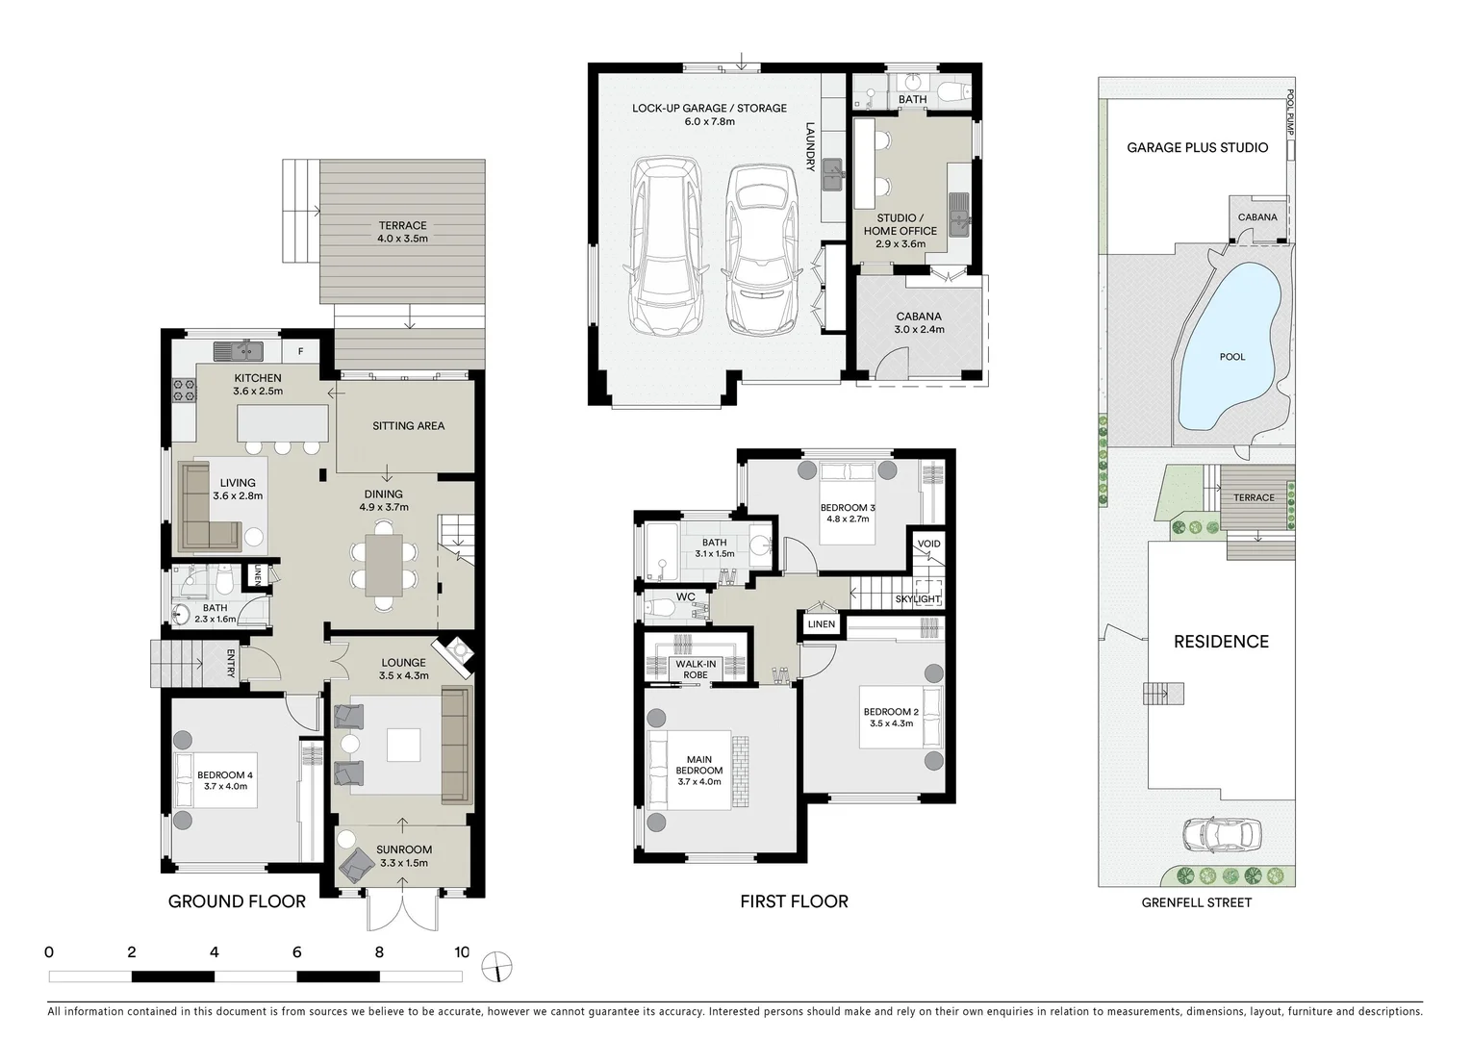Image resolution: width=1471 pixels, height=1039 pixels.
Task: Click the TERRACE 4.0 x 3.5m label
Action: (402, 232)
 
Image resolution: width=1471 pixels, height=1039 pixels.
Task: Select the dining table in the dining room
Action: (384, 564)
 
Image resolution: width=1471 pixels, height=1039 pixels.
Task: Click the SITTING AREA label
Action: (408, 425)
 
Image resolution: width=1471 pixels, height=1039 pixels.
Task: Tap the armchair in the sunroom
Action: (354, 865)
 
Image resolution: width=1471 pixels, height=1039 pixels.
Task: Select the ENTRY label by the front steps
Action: (231, 664)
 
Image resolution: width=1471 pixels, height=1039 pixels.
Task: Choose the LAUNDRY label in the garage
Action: (810, 146)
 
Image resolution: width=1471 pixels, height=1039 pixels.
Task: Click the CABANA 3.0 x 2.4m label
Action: (919, 322)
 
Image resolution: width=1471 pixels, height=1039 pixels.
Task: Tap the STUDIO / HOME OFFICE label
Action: (900, 231)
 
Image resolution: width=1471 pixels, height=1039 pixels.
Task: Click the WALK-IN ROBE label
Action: (695, 669)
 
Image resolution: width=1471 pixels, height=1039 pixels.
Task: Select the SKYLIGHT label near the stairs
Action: (917, 599)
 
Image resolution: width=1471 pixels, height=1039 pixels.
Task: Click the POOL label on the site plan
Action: (1231, 357)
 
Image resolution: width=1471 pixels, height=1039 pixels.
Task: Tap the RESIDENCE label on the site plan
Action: (1221, 642)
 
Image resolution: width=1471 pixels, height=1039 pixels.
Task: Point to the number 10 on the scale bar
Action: (462, 952)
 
